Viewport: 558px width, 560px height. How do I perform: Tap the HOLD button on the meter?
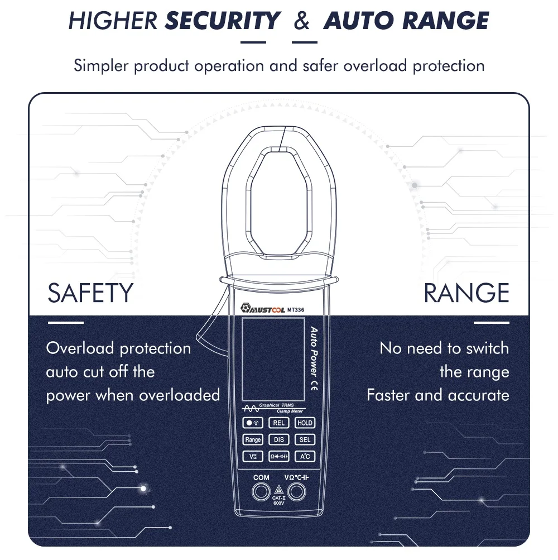(x=305, y=423)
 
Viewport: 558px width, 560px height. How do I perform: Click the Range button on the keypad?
(x=253, y=440)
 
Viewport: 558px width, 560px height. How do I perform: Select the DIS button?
(x=279, y=440)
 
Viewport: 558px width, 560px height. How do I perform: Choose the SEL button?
(x=305, y=440)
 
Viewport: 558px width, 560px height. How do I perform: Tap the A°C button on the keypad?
(x=305, y=457)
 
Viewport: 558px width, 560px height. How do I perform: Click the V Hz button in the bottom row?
(x=253, y=457)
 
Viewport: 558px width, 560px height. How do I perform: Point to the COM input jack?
(x=261, y=492)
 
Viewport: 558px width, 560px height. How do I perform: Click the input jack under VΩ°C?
(x=296, y=492)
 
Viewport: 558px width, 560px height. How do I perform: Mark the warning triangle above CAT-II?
(x=278, y=490)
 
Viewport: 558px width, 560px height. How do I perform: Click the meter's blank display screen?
(x=273, y=358)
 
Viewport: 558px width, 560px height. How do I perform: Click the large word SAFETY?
(x=90, y=293)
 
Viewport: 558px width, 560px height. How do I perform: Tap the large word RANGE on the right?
(x=466, y=293)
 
